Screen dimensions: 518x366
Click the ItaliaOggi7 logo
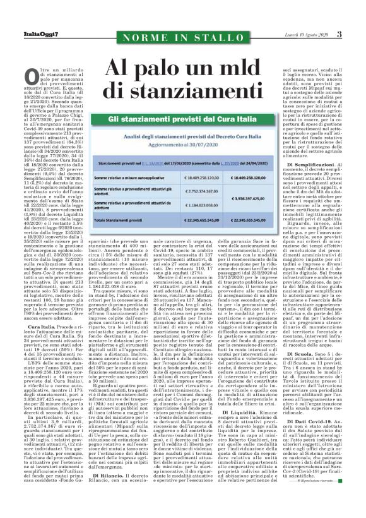click(23, 33)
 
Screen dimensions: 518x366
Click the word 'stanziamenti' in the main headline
click(183, 86)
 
